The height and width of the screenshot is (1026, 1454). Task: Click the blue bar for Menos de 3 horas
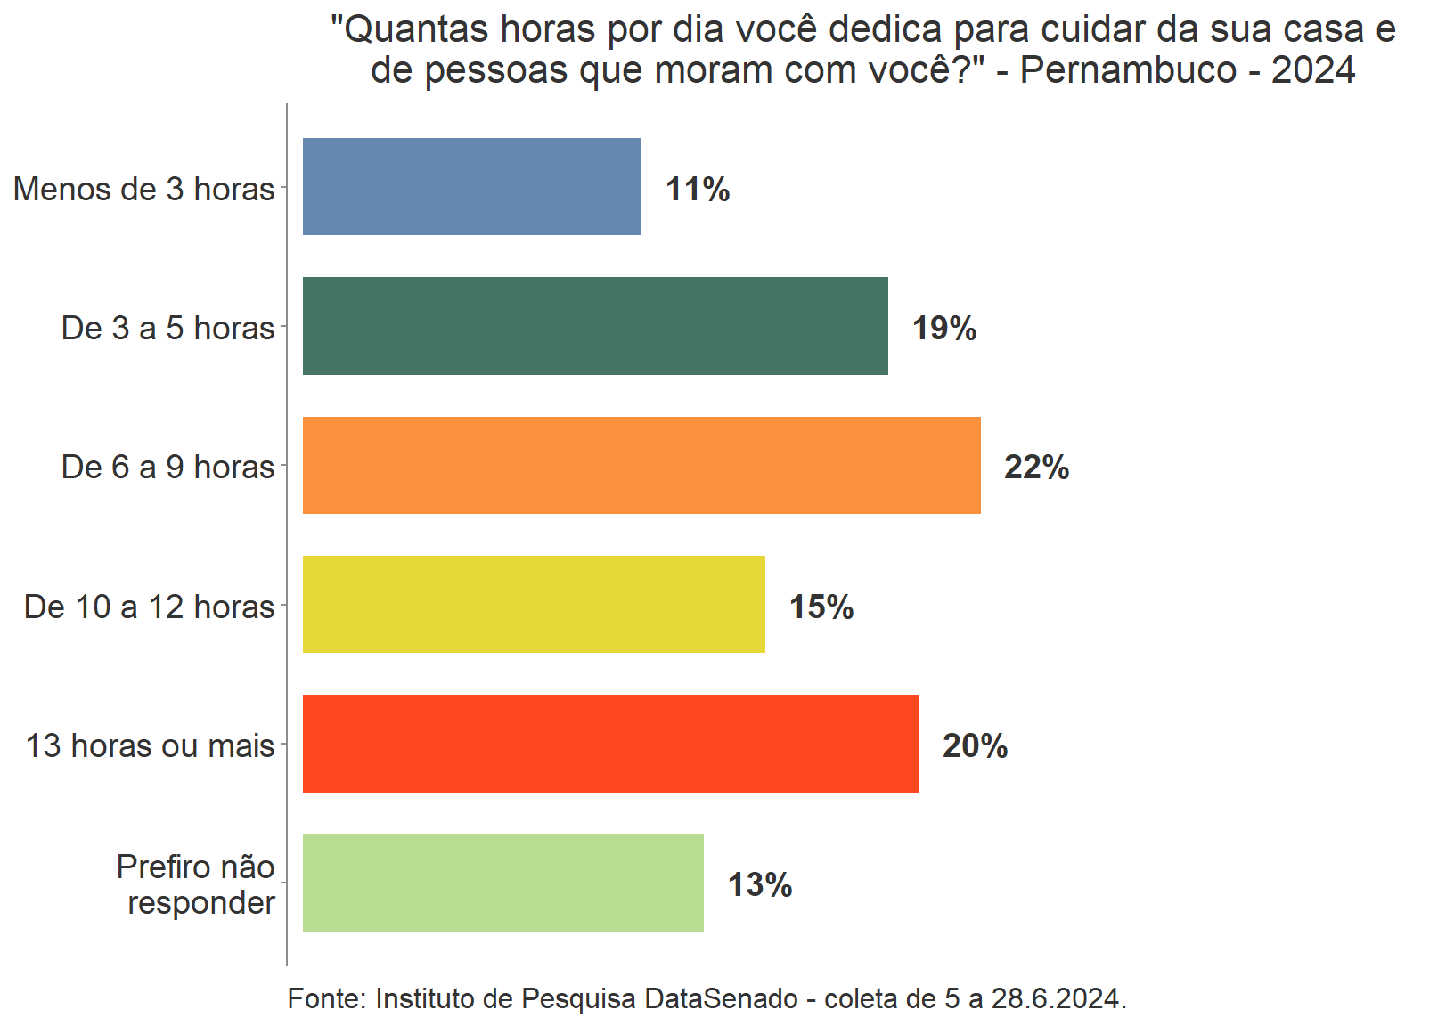click(471, 186)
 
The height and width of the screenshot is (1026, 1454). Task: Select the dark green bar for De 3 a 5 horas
click(595, 326)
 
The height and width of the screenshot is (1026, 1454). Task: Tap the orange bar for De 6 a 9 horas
click(641, 465)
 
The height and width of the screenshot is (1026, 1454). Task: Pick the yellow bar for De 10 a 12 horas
click(534, 605)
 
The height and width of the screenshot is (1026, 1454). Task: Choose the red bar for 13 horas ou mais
click(610, 744)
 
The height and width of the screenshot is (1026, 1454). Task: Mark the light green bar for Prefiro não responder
click(502, 883)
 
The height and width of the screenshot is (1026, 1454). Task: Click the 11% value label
click(698, 190)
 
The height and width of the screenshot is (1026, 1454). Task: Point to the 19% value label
click(944, 329)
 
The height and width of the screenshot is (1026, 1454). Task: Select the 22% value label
click(1036, 468)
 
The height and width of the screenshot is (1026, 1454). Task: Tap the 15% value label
click(821, 607)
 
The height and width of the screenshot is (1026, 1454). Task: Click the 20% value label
click(975, 746)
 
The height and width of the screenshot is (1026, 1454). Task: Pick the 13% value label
click(760, 885)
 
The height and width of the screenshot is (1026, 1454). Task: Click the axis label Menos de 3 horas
click(144, 190)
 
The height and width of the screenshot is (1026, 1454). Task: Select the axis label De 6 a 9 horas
click(167, 468)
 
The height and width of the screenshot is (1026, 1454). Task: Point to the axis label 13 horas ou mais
click(150, 746)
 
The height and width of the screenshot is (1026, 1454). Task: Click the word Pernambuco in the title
click(1128, 70)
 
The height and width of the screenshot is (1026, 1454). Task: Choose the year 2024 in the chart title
click(1313, 70)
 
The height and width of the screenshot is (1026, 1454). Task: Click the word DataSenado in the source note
click(721, 999)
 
